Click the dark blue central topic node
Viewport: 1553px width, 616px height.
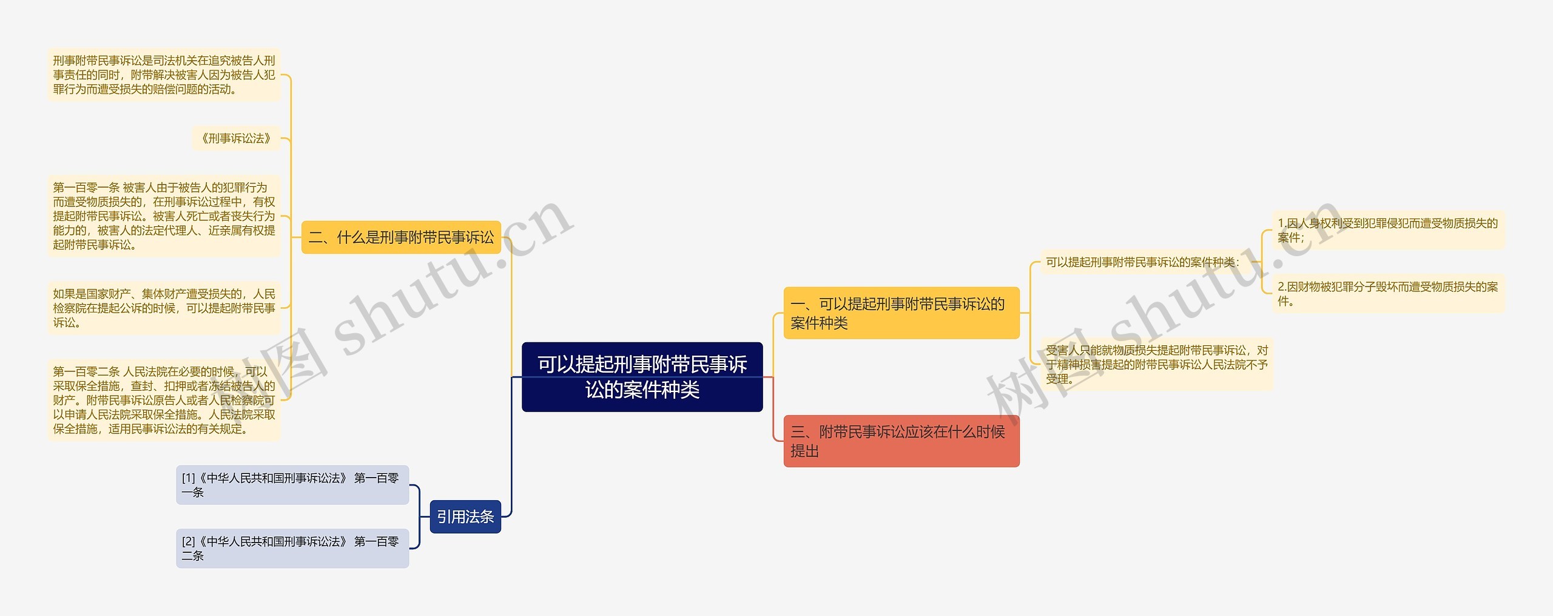tap(642, 377)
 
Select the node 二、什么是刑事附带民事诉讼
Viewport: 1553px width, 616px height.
tap(401, 237)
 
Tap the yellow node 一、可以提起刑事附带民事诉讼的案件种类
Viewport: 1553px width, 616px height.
tap(901, 313)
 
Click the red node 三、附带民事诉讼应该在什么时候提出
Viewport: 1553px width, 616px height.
tap(901, 441)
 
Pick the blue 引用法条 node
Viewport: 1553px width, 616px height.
tap(465, 516)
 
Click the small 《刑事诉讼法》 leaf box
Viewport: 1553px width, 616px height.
tap(236, 138)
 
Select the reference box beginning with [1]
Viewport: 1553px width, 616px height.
tap(292, 485)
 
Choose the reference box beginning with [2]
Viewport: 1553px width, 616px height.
tap(292, 548)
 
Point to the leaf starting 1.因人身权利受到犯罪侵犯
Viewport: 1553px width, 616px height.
tap(1388, 231)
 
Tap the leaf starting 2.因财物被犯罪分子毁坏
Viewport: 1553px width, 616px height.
tap(1388, 294)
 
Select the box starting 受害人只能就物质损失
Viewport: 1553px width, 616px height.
tap(1156, 364)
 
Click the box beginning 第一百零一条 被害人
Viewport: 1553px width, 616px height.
tap(164, 216)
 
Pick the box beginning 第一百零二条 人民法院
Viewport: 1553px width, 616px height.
tap(164, 400)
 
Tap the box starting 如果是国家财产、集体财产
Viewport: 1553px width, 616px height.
tap(164, 308)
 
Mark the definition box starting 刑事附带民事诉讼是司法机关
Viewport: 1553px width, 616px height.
tap(164, 75)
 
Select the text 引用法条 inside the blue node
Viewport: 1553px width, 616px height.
tap(465, 516)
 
